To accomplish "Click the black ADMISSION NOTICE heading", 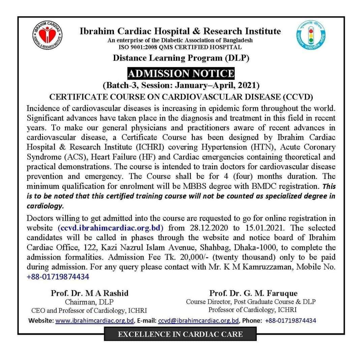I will tap(181, 74).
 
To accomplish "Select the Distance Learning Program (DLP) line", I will tap(181, 58).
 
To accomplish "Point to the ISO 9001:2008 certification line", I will tap(181, 47).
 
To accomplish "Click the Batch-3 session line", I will tap(181, 85).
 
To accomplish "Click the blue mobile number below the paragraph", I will tap(58, 277).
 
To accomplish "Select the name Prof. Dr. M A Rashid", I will tap(89, 293).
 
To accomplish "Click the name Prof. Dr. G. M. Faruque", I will tap(253, 293).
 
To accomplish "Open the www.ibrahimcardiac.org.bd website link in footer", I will tap(95, 320).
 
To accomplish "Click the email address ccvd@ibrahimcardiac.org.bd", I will tap(199, 320).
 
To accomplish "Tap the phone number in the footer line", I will tap(291, 320).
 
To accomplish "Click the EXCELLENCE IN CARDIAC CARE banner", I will tap(180, 335).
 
